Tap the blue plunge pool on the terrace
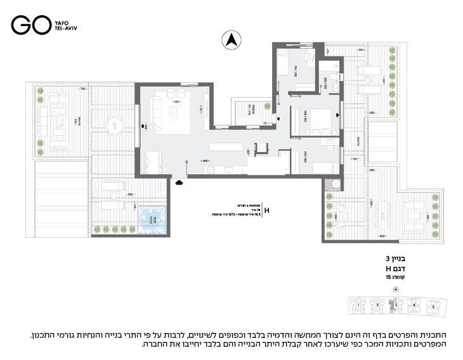point(152,218)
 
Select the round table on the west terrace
point(114,126)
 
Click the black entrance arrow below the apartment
point(179,183)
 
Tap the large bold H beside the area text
point(266,210)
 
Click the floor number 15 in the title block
point(388,278)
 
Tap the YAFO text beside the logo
point(61,21)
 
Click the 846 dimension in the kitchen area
point(207,162)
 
